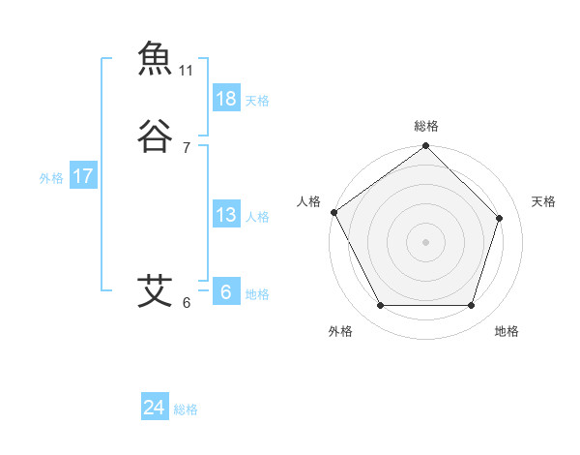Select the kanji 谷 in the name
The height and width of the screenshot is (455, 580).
[155, 136]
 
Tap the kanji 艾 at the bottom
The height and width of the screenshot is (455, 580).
[155, 290]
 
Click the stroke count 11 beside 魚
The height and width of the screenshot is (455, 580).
[187, 71]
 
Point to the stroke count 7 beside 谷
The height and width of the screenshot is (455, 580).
[187, 148]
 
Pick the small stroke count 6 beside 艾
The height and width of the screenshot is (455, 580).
[187, 303]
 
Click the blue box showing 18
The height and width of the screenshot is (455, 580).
[226, 99]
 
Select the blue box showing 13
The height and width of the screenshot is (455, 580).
[226, 215]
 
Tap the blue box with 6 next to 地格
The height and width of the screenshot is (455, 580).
[226, 292]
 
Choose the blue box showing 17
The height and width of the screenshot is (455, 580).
[83, 176]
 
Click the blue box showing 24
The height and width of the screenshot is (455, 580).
[155, 408]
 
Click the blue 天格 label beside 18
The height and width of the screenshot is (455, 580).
[257, 101]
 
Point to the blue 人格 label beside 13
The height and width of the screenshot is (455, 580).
[257, 217]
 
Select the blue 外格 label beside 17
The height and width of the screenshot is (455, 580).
[51, 178]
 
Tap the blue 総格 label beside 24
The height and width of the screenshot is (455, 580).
[187, 409]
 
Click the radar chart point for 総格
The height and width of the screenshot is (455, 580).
[425, 147]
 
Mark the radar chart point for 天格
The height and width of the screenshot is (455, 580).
[500, 218]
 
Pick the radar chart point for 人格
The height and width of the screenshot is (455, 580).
[333, 212]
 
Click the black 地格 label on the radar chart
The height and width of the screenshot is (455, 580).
[507, 331]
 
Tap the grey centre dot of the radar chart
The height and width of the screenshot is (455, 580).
[425, 241]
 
